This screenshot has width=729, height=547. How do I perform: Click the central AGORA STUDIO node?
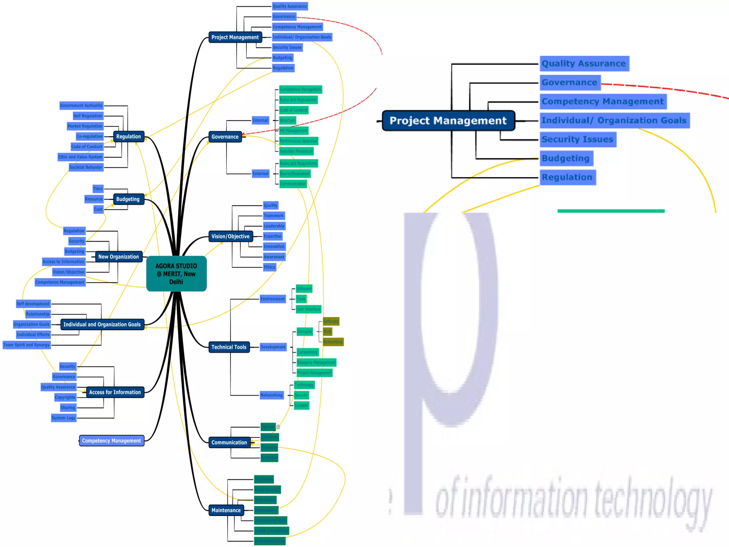point(176,273)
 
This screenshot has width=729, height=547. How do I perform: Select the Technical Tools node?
point(229,347)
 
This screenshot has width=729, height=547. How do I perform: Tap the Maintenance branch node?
point(226,510)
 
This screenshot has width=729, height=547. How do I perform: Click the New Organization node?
point(119,256)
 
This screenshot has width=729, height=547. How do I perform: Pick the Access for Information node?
point(115,392)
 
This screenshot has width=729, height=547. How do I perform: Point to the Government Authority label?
point(81,105)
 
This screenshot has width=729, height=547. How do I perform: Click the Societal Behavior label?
point(86,167)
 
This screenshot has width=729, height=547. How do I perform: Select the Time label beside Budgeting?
point(98,189)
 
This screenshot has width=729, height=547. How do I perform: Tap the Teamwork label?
point(273,215)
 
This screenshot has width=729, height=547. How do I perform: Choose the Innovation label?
point(274,246)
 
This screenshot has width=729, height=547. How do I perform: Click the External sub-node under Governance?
point(260,173)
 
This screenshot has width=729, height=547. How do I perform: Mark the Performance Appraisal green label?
point(298,141)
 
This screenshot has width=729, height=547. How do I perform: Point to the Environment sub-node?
point(272,299)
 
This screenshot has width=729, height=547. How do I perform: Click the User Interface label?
point(308,309)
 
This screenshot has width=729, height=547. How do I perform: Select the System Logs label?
point(63,418)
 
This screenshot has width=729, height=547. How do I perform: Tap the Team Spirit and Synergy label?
point(26,345)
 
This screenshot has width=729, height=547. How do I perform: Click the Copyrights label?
point(65,397)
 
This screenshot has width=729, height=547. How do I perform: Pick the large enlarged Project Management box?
point(448,121)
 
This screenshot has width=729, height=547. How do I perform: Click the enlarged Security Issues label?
point(577,139)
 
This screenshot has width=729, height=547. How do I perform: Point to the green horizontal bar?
point(611,211)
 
